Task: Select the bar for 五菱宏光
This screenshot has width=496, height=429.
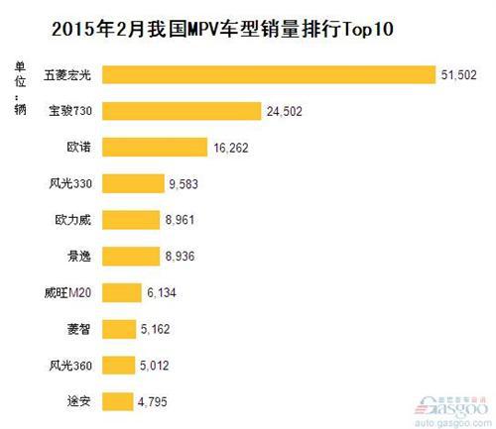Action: click(x=269, y=75)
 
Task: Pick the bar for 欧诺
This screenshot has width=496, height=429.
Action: click(x=154, y=148)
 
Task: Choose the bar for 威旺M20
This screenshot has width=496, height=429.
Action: click(x=120, y=292)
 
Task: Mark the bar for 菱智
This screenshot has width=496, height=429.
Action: click(x=117, y=328)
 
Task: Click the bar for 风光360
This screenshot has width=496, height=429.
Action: click(x=117, y=365)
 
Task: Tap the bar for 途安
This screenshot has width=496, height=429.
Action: click(x=116, y=400)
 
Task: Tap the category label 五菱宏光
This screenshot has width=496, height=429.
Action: click(x=68, y=75)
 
